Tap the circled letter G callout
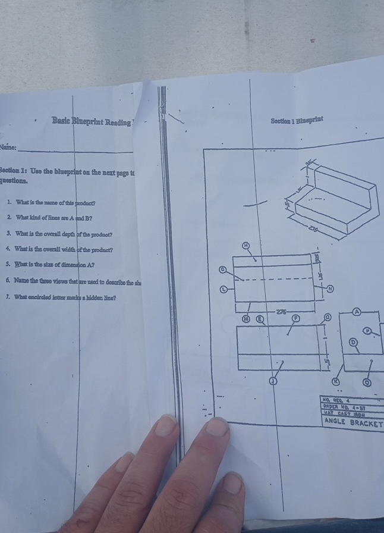[x=223, y=270]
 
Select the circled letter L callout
[x=224, y=289]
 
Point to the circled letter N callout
[x=331, y=289]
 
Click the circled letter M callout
[x=245, y=318]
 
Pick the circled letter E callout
[x=259, y=318]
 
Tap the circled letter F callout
[x=295, y=318]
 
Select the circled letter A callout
[x=357, y=312]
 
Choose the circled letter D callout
[x=353, y=342]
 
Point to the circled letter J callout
[x=273, y=381]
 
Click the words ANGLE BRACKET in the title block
[x=353, y=422]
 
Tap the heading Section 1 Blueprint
[x=297, y=121]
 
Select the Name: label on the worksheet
[x=9, y=147]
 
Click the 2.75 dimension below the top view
[x=281, y=311]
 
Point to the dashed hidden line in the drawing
[x=273, y=278]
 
